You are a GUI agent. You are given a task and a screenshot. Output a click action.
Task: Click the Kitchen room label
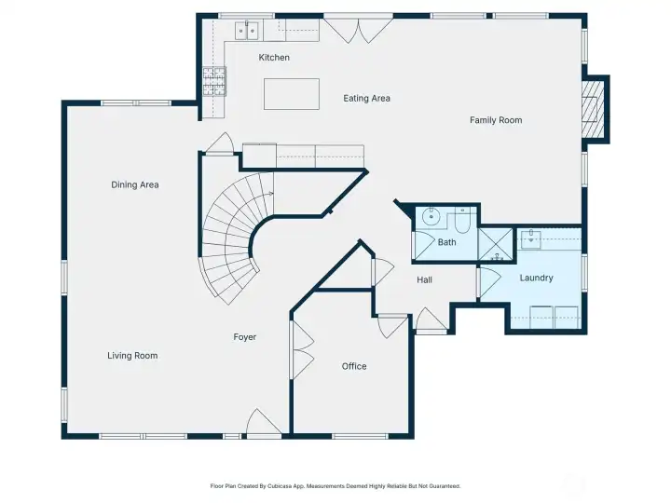(274, 58)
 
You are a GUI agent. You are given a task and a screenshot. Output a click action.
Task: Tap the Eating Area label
(366, 98)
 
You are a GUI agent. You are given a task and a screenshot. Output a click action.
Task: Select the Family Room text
(495, 120)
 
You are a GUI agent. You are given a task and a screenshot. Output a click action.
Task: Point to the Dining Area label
(135, 184)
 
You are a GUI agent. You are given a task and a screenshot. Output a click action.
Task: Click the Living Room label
(132, 355)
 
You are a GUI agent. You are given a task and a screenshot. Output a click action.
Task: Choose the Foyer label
(245, 337)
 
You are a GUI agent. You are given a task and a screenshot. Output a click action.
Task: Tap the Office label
(354, 366)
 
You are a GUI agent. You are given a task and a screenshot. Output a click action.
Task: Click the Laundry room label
(537, 278)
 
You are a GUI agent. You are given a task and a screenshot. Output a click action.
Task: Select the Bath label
(447, 242)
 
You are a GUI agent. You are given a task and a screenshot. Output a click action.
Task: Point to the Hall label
(424, 279)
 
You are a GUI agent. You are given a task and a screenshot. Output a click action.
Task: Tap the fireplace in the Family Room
(592, 109)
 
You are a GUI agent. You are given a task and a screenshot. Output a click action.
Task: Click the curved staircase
(233, 238)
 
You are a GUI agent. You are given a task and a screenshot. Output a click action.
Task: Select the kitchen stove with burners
(214, 81)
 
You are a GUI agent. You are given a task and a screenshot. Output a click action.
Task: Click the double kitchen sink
(248, 31)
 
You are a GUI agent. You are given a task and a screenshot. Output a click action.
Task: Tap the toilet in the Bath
(462, 224)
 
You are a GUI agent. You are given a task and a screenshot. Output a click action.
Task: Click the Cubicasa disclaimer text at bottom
(335, 485)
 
